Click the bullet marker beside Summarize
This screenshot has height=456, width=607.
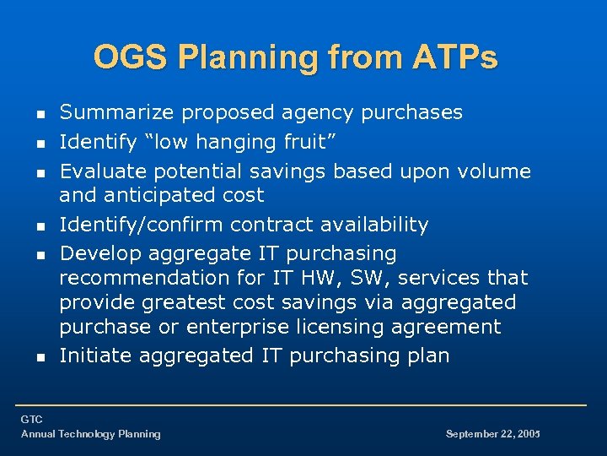click(40, 113)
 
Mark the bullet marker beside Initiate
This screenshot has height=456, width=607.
click(40, 357)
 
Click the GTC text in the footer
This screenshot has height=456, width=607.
click(32, 420)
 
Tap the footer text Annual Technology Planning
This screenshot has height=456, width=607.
click(90, 434)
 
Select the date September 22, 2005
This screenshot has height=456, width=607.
click(492, 434)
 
